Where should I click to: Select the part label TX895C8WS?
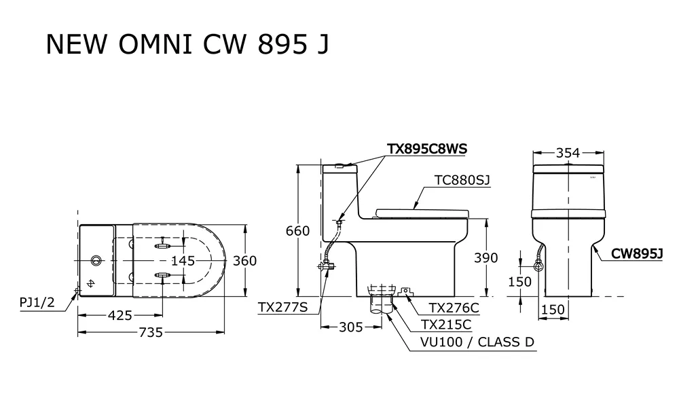(427, 148)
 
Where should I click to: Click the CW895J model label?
(636, 253)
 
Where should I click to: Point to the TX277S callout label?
(283, 308)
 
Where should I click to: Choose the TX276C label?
(454, 308)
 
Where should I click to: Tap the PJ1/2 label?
(37, 303)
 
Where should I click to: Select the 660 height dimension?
(297, 231)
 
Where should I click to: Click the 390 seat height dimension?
(485, 258)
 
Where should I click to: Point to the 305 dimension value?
(350, 327)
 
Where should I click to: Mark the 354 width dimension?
(568, 153)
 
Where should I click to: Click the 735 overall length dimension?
(150, 332)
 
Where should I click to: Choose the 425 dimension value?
(119, 315)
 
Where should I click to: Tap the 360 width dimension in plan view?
(244, 261)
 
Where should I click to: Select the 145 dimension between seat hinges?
(183, 260)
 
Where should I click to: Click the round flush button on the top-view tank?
(96, 260)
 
